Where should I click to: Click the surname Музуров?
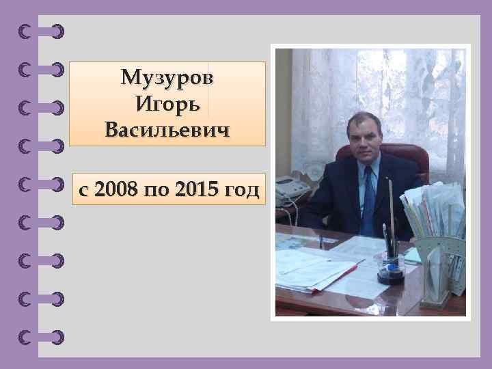167,79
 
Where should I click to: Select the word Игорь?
167,104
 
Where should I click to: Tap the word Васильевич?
167,128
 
